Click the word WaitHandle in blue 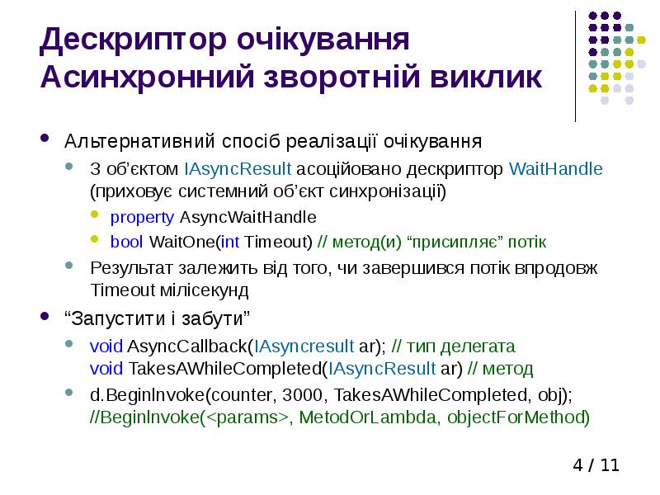(x=556, y=169)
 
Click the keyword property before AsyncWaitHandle (x=142, y=217)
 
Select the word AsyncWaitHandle (x=247, y=217)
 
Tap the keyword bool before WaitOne (x=127, y=242)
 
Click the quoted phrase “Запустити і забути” (x=156, y=318)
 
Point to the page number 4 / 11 (x=596, y=465)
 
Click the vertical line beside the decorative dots (x=575, y=66)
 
